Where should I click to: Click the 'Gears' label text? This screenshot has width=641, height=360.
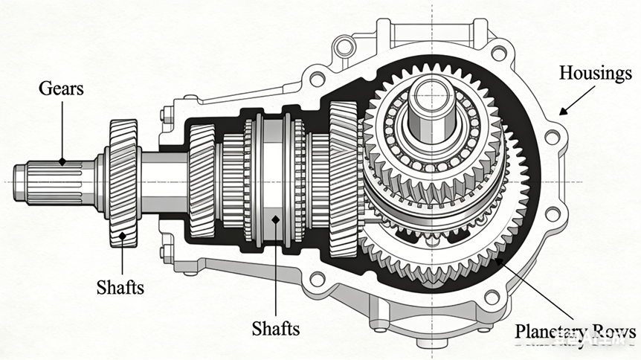62,89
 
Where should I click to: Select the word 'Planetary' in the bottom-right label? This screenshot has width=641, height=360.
549,332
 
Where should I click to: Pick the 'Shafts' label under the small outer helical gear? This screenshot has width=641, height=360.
120,287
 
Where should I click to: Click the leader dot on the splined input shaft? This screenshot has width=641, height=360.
63,161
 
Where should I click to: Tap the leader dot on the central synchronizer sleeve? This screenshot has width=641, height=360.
275,219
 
